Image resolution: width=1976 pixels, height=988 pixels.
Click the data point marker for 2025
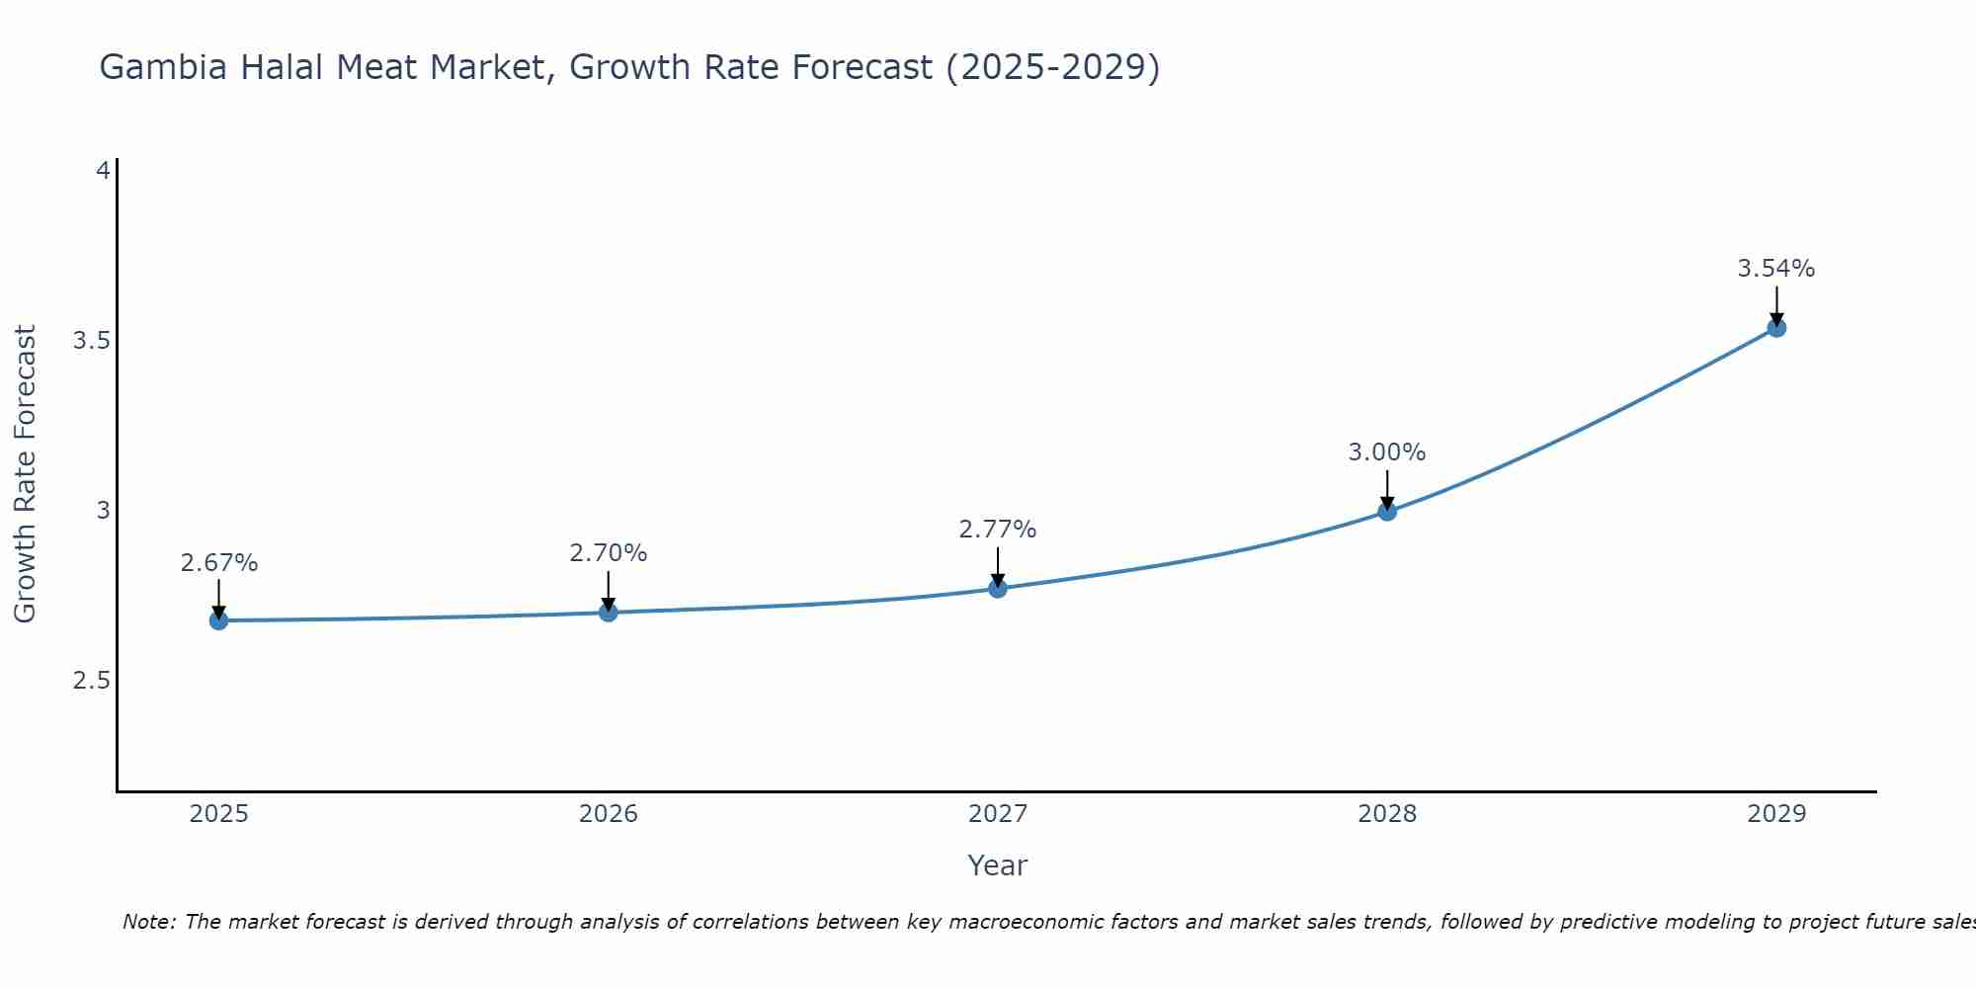pos(218,620)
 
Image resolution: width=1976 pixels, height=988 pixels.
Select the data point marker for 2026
pos(609,613)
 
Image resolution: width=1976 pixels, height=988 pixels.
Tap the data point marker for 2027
pos(998,589)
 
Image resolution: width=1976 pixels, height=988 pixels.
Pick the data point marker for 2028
pos(1387,511)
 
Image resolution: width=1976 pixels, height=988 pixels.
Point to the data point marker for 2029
pos(1776,328)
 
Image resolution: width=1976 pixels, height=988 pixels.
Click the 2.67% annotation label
pos(218,563)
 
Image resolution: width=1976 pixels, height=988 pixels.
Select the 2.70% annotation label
pos(609,553)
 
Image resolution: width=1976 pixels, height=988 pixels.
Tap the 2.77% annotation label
pos(998,530)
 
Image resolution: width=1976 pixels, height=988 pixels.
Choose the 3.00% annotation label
pos(1387,453)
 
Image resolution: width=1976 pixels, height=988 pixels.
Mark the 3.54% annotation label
pos(1776,269)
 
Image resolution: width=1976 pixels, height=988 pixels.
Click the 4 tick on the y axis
pos(102,171)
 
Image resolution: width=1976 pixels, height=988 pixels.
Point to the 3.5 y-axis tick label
pos(91,341)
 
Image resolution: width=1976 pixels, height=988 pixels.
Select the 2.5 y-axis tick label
pos(91,681)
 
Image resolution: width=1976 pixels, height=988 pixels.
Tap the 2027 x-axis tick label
pos(998,814)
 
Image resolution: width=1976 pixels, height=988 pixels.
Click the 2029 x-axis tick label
pos(1776,814)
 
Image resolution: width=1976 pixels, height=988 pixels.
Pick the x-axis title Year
pos(998,865)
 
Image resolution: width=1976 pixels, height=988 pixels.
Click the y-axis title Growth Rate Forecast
pos(26,474)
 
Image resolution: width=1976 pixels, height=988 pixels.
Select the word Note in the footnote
pos(148,922)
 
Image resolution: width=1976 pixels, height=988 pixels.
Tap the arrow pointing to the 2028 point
pos(1387,488)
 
